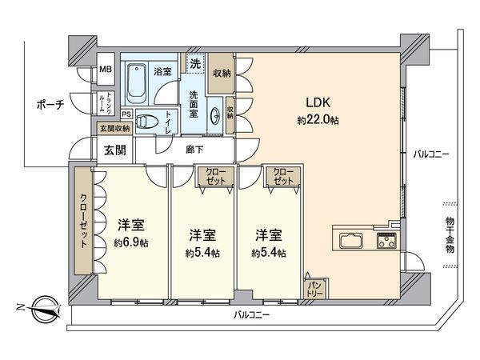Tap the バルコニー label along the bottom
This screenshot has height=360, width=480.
[252, 315]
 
